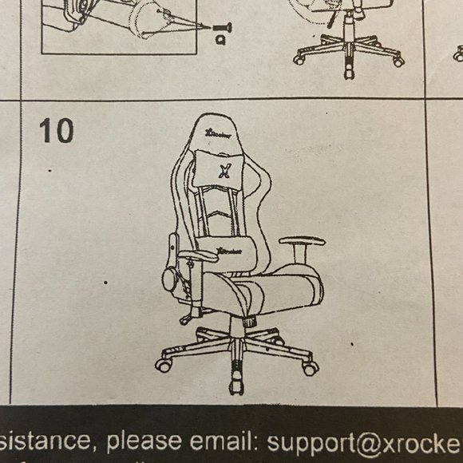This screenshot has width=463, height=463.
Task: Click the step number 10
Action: pyautogui.click(x=56, y=130)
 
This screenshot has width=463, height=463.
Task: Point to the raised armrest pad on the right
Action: pyautogui.click(x=302, y=241)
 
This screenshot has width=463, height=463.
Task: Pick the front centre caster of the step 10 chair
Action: pyautogui.click(x=236, y=386)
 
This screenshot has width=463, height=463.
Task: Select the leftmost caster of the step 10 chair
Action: pyautogui.click(x=164, y=366)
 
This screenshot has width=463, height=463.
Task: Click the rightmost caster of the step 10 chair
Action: pyautogui.click(x=310, y=368)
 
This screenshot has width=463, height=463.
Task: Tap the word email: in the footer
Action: pyautogui.click(x=226, y=441)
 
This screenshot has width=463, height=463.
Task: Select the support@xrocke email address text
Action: pyautogui.click(x=364, y=441)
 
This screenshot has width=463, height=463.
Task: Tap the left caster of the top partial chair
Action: pyautogui.click(x=299, y=58)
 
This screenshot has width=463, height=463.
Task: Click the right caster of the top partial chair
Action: pyautogui.click(x=398, y=60)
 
